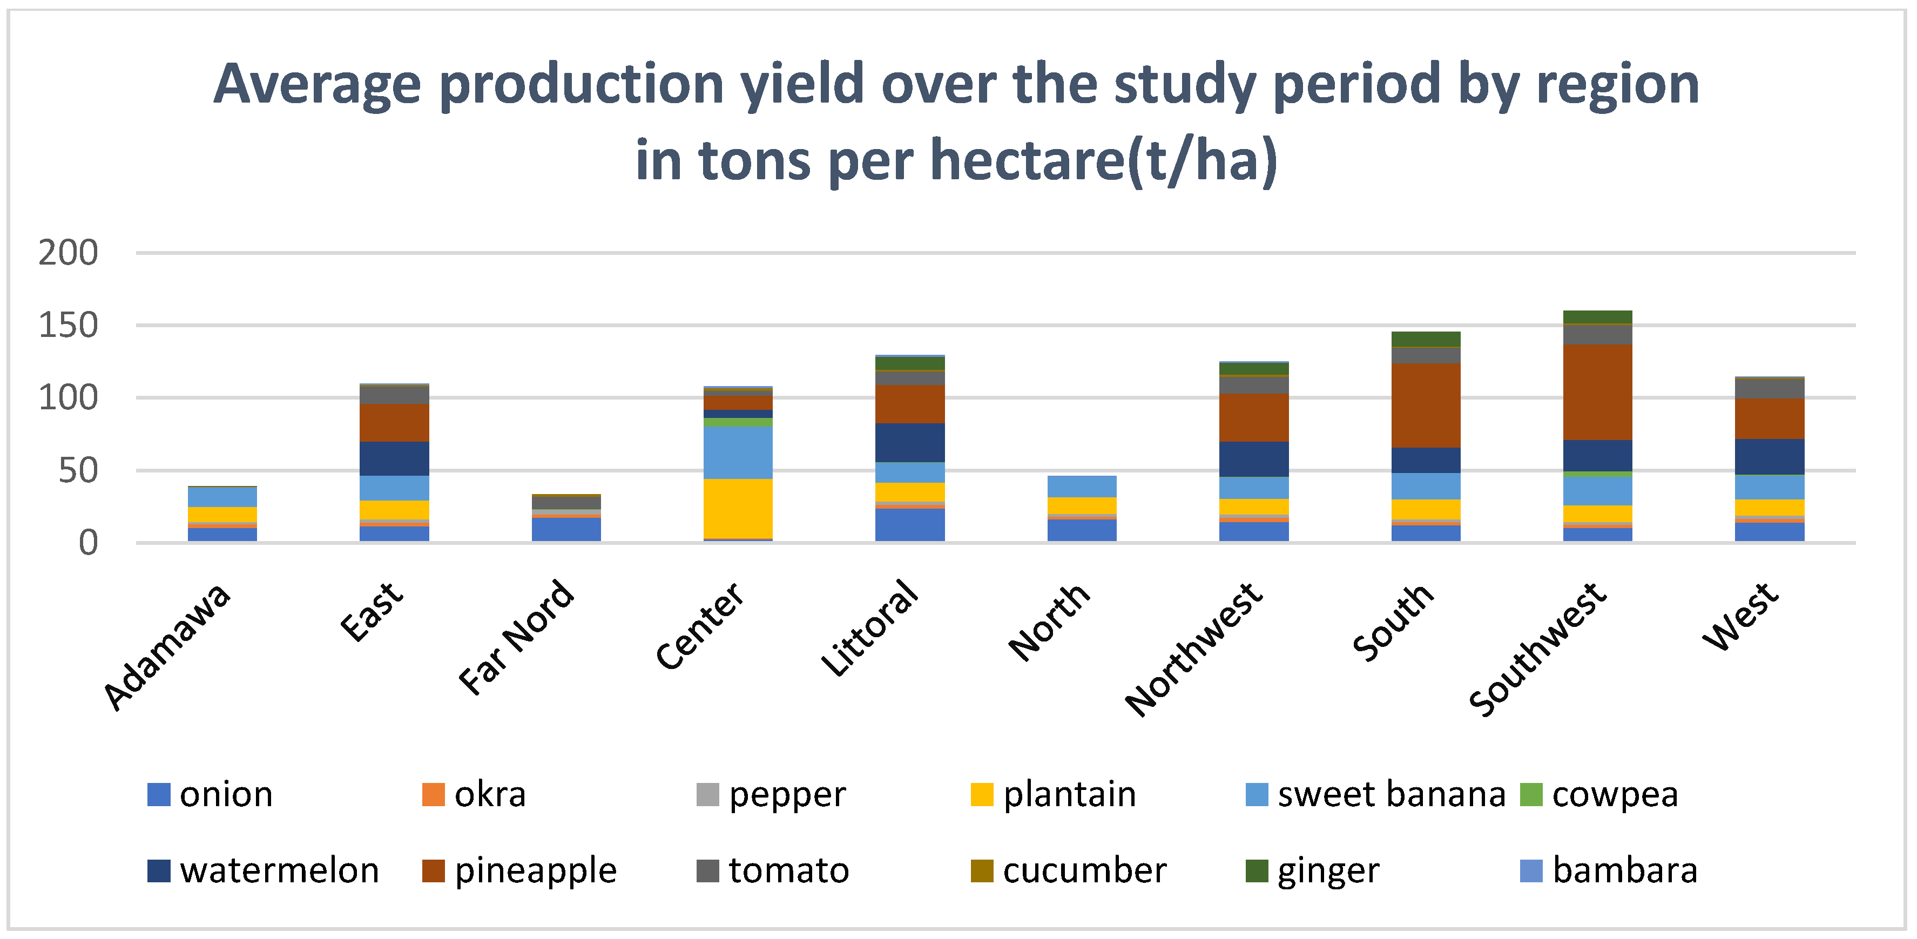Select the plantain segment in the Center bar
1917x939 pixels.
pos(738,508)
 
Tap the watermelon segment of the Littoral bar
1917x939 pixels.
pos(909,443)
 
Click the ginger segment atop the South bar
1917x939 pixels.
pos(1425,339)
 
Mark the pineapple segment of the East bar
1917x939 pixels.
pos(394,423)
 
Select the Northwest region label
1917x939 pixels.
pos(1193,649)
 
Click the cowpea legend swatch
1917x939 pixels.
pos(1531,794)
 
